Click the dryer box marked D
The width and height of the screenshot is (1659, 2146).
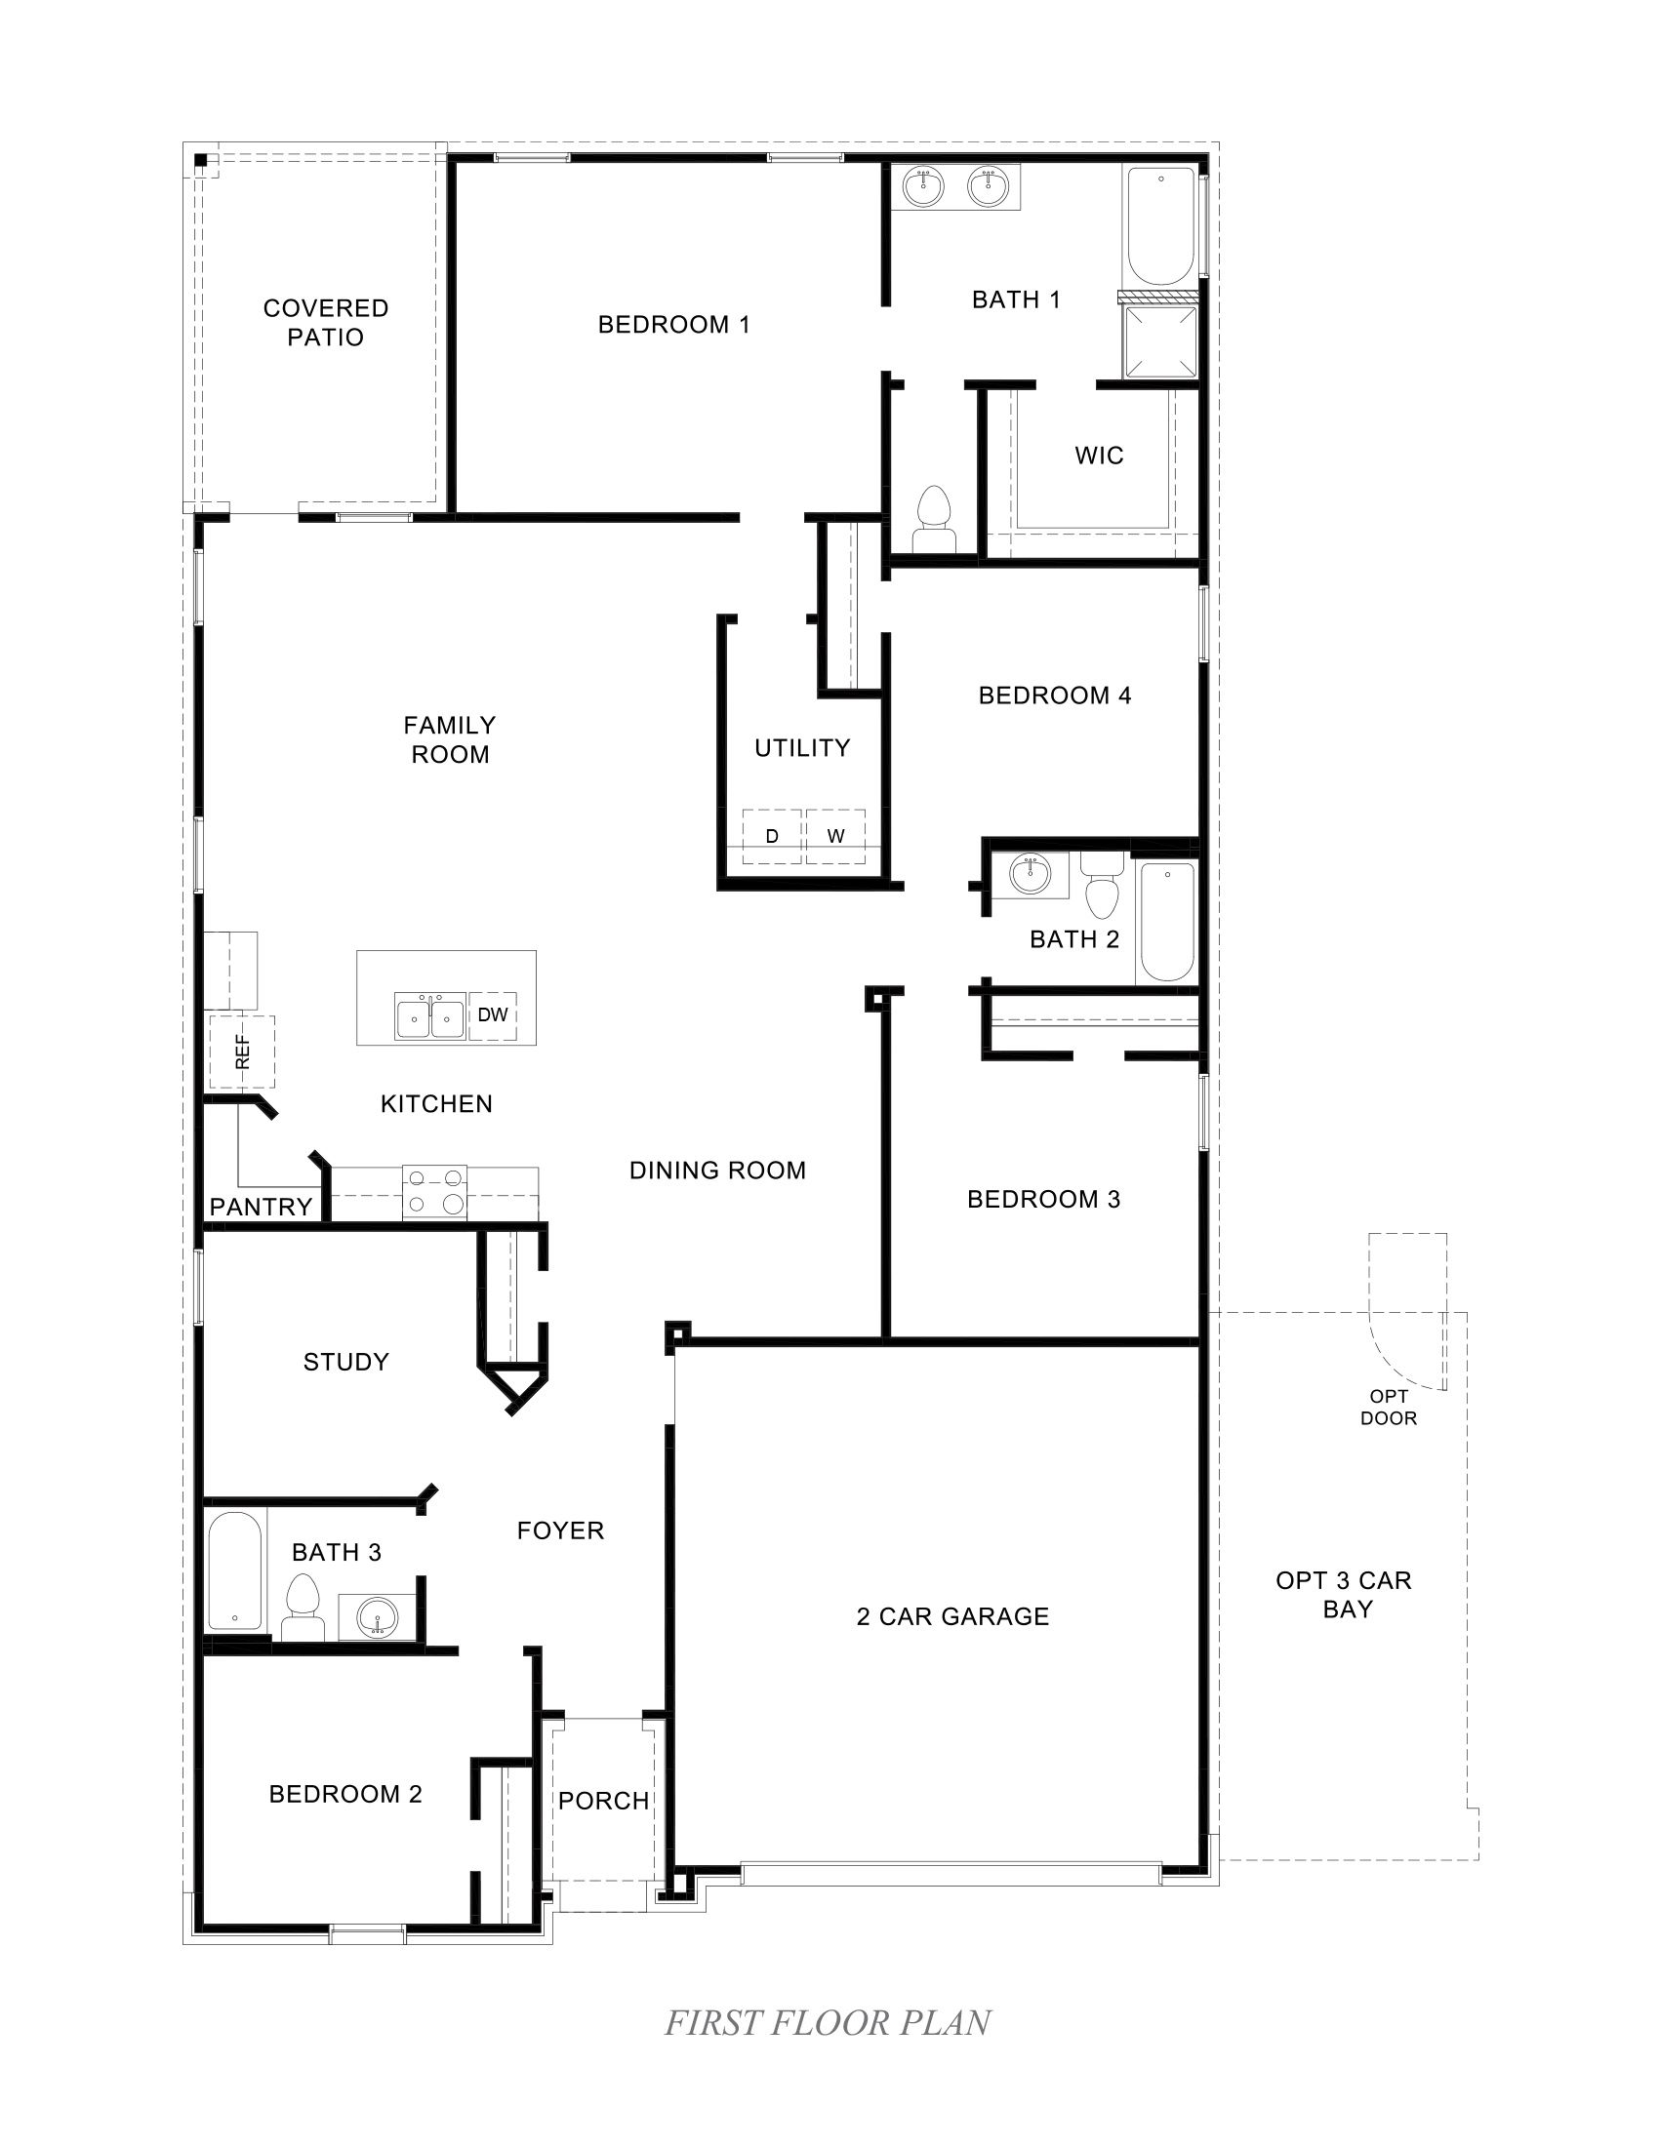(x=772, y=836)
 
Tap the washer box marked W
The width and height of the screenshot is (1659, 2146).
(x=835, y=836)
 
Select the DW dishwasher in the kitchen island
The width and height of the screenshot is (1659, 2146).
(x=493, y=1015)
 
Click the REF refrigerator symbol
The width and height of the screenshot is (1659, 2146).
(x=242, y=1052)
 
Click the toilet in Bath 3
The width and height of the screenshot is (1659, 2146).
(x=303, y=1609)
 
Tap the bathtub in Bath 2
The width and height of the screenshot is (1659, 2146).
(x=1166, y=922)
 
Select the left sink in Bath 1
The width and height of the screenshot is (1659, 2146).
(x=923, y=186)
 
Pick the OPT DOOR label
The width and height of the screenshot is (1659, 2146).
(x=1388, y=1407)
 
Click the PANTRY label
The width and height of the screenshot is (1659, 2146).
(x=261, y=1207)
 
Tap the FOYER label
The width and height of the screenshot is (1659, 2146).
(x=560, y=1530)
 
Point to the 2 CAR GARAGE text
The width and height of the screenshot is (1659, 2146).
(x=952, y=1616)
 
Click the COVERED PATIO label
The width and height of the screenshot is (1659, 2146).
(x=325, y=322)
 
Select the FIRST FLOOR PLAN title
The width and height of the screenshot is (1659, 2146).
(x=828, y=2022)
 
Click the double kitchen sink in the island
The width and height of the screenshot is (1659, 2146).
(x=429, y=1016)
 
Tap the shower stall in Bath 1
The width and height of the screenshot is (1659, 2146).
(x=1160, y=342)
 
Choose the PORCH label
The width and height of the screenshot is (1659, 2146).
(x=603, y=1801)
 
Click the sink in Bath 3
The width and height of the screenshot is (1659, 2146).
(x=377, y=1616)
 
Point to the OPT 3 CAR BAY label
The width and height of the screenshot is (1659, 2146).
(x=1344, y=1595)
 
